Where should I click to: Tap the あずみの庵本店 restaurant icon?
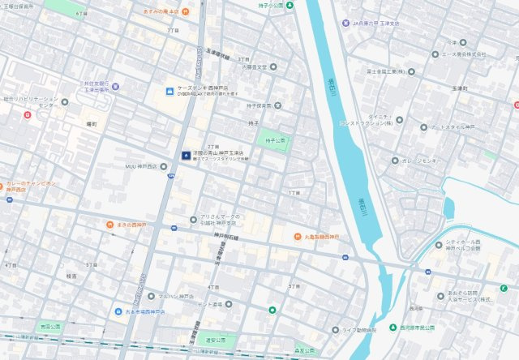click(x=186, y=11)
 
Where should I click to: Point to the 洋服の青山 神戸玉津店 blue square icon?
click(x=186, y=155)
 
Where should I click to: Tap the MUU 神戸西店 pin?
click(x=164, y=165)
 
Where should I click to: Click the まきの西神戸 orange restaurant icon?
click(x=108, y=224)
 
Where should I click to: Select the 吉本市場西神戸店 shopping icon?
click(x=118, y=311)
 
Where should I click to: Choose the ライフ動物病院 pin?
click(x=336, y=330)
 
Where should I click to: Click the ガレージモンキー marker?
click(x=394, y=161)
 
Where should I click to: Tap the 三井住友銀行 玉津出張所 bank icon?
click(x=115, y=86)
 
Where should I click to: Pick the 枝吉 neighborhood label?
click(x=71, y=276)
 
